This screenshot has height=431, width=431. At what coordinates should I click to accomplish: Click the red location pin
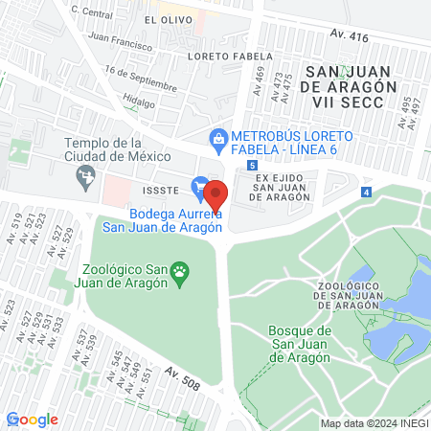pyautogui.click(x=216, y=193)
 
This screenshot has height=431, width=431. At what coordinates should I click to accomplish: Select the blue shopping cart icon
pyautogui.click(x=200, y=185)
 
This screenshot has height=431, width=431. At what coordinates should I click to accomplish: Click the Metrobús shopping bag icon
pyautogui.click(x=219, y=137)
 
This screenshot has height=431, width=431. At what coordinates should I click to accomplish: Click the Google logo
pyautogui.click(x=32, y=420)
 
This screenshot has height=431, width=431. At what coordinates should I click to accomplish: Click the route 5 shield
pyautogui.click(x=252, y=166)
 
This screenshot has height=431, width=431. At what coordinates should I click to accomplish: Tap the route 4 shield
pyautogui.click(x=367, y=193)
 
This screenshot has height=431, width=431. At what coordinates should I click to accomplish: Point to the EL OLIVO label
pyautogui.click(x=163, y=19)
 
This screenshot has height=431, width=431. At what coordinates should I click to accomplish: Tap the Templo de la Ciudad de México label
pyautogui.click(x=117, y=149)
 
